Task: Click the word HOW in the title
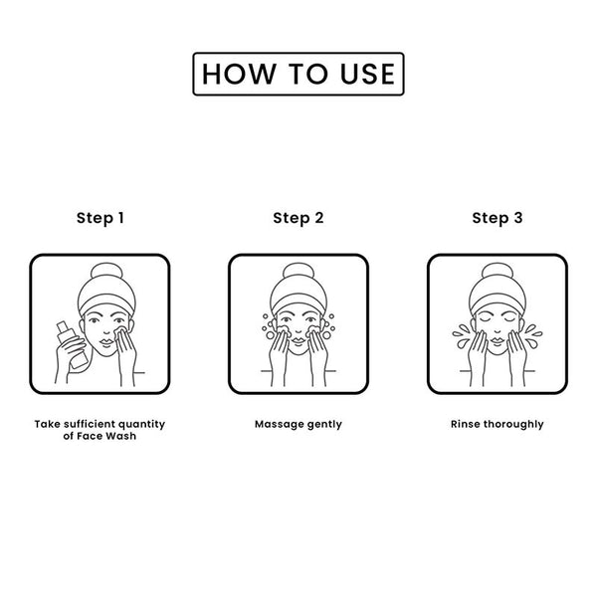click(x=239, y=74)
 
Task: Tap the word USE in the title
click(x=368, y=74)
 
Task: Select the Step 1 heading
click(x=100, y=218)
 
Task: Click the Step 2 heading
click(x=298, y=218)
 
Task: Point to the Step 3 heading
click(x=497, y=218)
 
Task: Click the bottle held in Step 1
click(x=73, y=344)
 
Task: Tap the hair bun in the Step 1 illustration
click(x=106, y=271)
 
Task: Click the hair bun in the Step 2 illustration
click(x=298, y=271)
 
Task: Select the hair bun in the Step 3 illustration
click(x=497, y=271)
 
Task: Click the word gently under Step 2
click(x=324, y=425)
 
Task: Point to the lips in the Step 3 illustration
click(x=497, y=339)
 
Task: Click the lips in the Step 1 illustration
click(x=106, y=341)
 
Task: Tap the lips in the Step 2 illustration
click(x=298, y=339)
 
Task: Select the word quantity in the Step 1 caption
click(x=141, y=425)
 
